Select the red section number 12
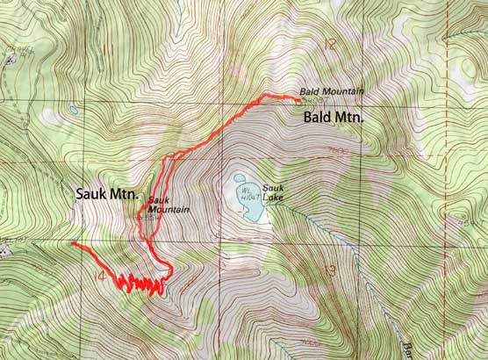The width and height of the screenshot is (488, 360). click(329, 44)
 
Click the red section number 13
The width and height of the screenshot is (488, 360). click(328, 270)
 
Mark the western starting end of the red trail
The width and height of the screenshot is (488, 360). click(73, 243)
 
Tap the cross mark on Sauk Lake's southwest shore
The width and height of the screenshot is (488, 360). click(242, 210)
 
